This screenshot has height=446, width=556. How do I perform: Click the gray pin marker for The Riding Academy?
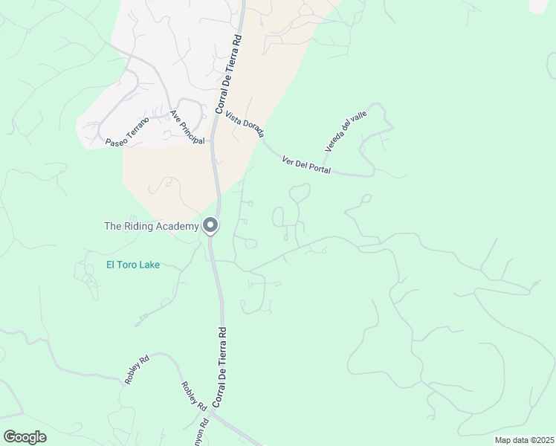[210, 225]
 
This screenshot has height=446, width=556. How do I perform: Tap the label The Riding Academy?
[152, 226]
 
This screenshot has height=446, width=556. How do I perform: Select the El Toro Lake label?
[133, 264]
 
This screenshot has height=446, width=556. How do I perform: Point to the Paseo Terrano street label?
[127, 130]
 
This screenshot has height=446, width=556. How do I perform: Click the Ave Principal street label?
[187, 128]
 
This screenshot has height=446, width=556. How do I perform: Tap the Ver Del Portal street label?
[306, 165]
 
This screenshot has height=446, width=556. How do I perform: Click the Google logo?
[25, 436]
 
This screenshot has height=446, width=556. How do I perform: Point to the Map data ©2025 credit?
[525, 440]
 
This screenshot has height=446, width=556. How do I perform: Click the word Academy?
[178, 226]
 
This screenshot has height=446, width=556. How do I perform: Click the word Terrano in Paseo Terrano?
[137, 126]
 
